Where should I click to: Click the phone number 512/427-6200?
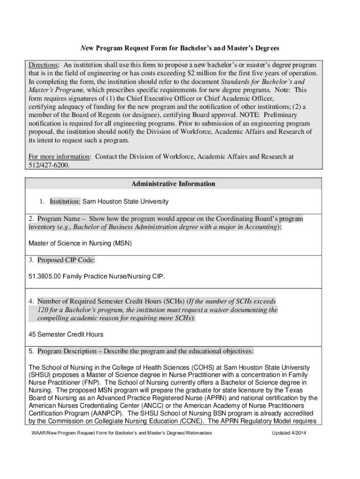pos(49,164)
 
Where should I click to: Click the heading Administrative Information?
pos(173,184)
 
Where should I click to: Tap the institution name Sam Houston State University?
pos(125,202)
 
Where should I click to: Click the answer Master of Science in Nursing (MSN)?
pos(80,243)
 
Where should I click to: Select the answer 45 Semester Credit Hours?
pos(66,334)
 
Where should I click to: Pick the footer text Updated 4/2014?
pos(289,433)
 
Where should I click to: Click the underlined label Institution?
pos(65,202)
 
